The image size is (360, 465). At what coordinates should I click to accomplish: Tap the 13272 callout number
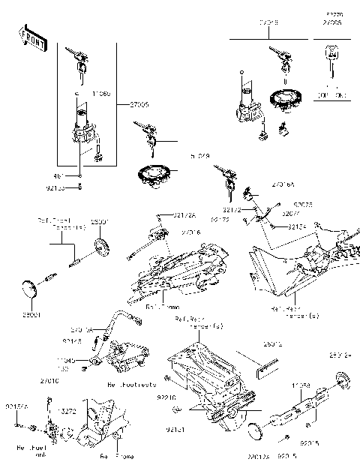tap(67, 412)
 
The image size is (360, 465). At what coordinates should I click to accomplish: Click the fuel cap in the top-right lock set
tap(284, 98)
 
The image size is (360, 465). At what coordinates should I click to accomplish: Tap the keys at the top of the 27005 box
tap(79, 58)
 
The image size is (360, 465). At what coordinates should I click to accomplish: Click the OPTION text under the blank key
tap(330, 96)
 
